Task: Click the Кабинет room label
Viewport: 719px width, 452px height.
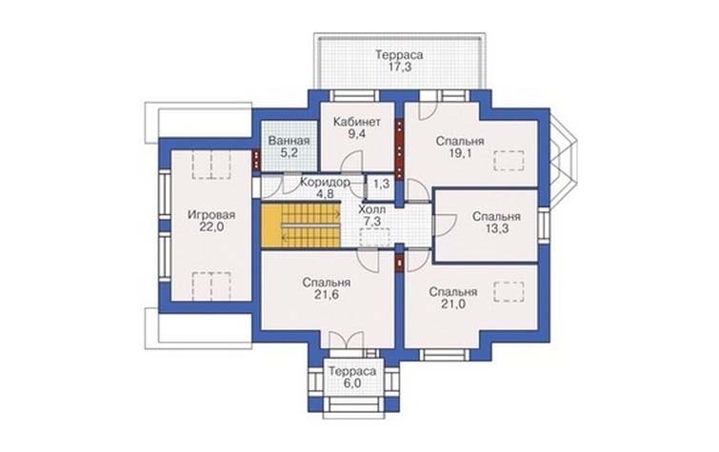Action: [x=357, y=122]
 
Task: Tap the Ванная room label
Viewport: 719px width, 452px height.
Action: [x=289, y=141]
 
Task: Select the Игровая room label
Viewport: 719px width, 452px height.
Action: [x=211, y=214]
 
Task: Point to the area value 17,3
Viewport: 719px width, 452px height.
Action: [x=399, y=67]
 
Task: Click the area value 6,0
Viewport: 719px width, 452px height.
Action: [x=351, y=383]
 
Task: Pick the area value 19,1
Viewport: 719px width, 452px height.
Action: [x=460, y=153]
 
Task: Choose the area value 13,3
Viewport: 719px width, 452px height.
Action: [x=496, y=228]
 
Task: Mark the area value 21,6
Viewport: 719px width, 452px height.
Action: [x=327, y=295]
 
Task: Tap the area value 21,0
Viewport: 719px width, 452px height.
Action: [x=453, y=304]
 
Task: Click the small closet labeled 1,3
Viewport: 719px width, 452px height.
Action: [x=381, y=185]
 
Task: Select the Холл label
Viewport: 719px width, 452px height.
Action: [x=372, y=209]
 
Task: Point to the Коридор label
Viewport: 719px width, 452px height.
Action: [x=325, y=182]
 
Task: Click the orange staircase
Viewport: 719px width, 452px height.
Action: [x=301, y=226]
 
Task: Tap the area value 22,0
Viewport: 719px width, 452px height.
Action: [x=211, y=226]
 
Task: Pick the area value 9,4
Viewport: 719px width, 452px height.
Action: [x=357, y=134]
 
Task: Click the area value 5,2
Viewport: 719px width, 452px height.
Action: [x=289, y=152]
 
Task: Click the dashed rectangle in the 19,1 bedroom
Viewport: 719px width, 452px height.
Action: [x=509, y=161]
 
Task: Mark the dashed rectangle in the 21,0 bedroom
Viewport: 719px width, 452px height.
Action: [x=509, y=292]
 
